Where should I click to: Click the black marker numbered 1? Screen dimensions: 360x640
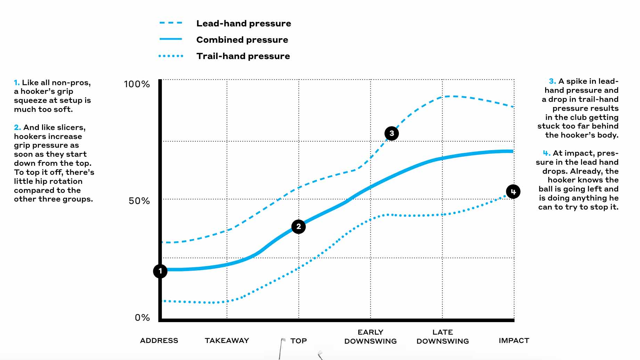point(160,271)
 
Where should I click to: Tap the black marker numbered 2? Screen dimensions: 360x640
point(298,227)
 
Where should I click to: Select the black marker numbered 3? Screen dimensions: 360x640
point(392,133)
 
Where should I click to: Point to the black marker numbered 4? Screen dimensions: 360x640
point(513,191)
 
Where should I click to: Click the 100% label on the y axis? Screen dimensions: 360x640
point(137,84)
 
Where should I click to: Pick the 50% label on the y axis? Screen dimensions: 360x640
point(139,201)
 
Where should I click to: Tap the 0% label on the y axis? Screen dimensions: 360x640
point(142,318)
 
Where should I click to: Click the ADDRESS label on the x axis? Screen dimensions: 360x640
point(159,341)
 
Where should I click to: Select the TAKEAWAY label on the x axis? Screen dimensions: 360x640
point(227,341)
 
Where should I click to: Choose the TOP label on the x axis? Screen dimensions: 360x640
point(298,341)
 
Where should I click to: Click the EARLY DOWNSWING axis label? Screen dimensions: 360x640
point(370,337)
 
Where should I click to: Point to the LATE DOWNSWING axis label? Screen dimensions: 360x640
point(443,337)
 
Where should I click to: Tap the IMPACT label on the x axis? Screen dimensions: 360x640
point(514,341)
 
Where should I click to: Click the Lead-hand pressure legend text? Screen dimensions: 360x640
point(244,24)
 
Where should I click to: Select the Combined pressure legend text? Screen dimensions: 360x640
point(242,40)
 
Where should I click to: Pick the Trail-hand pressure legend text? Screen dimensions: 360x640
point(243,56)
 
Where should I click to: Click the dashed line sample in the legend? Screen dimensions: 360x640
point(171,23)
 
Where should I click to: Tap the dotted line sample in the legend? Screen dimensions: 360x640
point(171,56)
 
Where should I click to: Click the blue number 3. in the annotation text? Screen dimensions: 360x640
point(552,81)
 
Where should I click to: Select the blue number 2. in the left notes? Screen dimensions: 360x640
point(17,128)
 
